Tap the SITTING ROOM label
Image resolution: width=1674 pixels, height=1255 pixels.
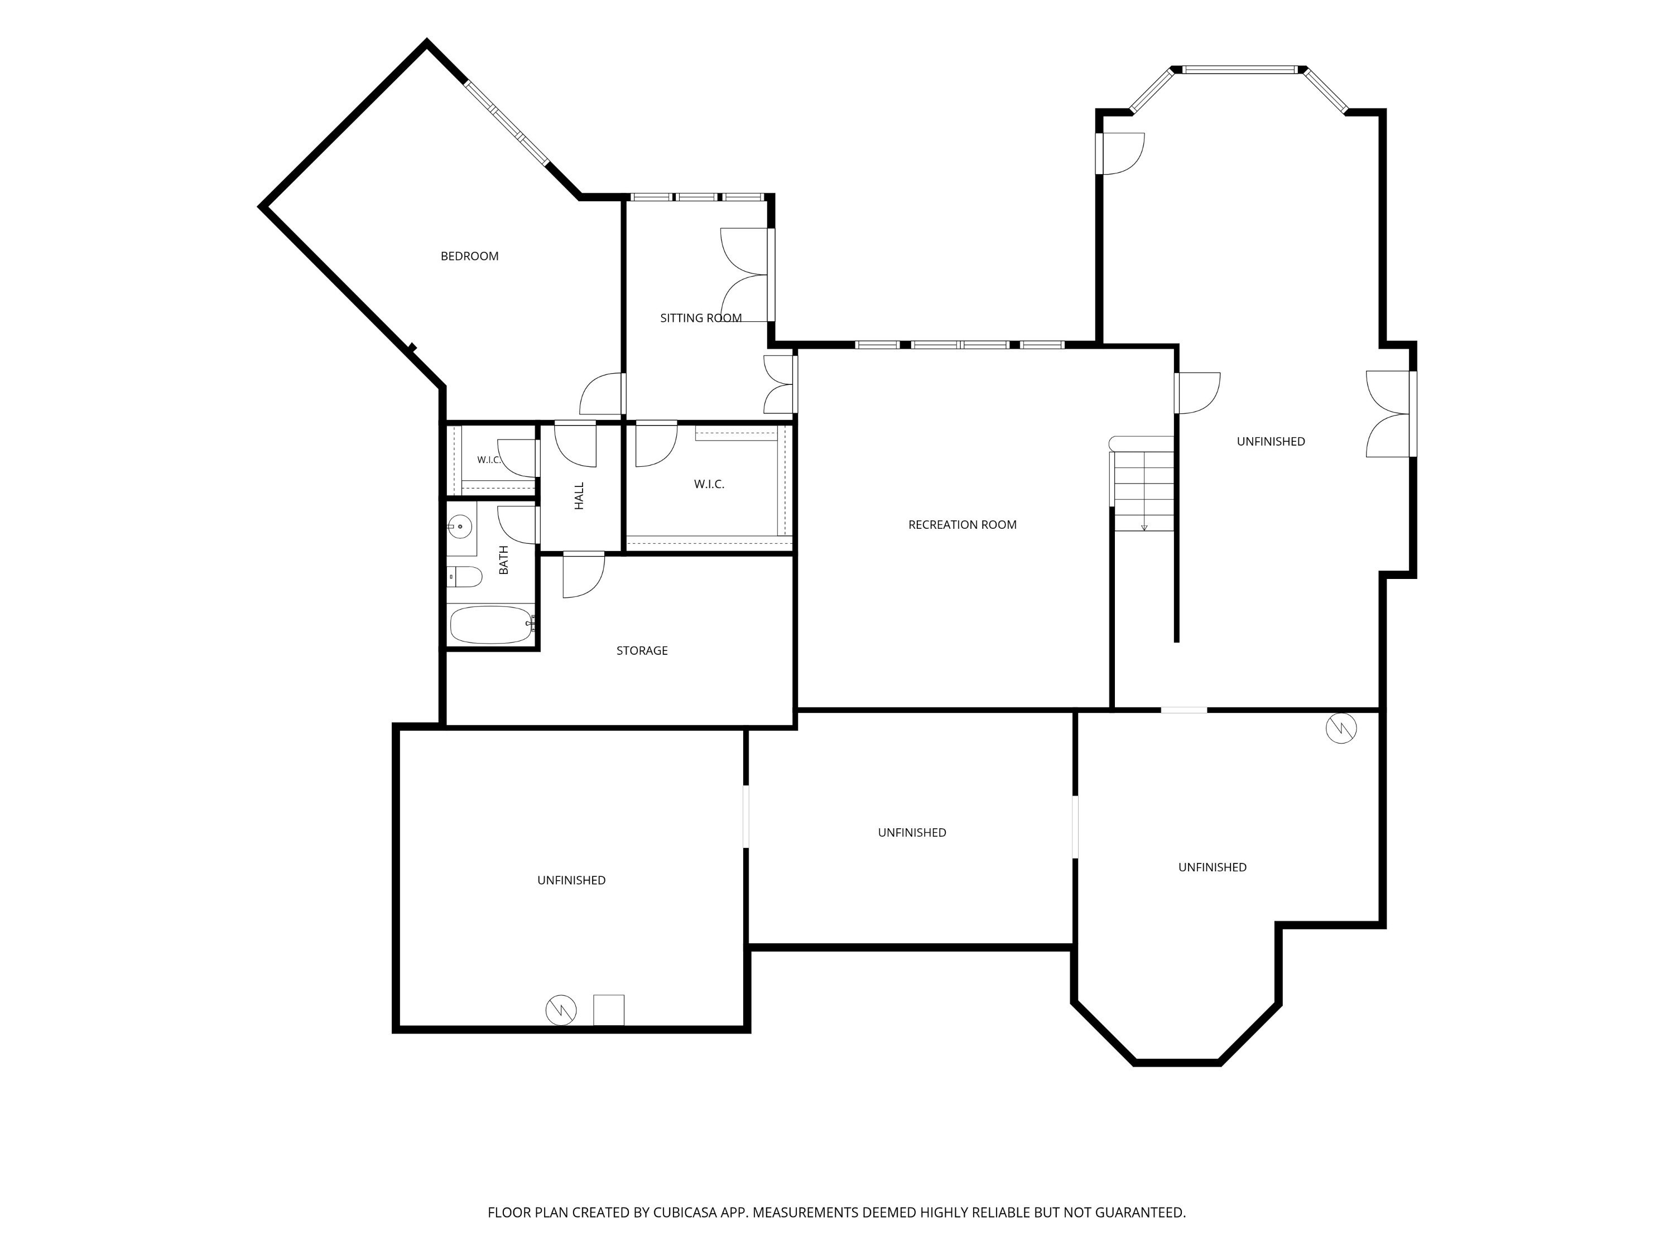[x=701, y=318]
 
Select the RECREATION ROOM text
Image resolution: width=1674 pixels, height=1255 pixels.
[x=962, y=525]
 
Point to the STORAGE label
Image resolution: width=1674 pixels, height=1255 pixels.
[x=642, y=650]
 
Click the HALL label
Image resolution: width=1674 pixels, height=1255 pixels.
[x=580, y=496]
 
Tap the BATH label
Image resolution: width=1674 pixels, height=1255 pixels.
[x=504, y=561]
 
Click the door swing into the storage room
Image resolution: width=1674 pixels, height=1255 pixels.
[x=584, y=576]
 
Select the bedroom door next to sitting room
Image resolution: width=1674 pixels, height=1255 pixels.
[x=602, y=394]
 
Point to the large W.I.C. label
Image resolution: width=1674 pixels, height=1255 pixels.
[x=709, y=484]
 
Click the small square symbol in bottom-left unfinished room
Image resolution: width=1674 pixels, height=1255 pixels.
[x=608, y=1010]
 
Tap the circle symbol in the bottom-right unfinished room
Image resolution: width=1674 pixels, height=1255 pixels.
[x=1341, y=728]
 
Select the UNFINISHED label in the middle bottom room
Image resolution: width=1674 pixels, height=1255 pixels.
[x=912, y=833]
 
